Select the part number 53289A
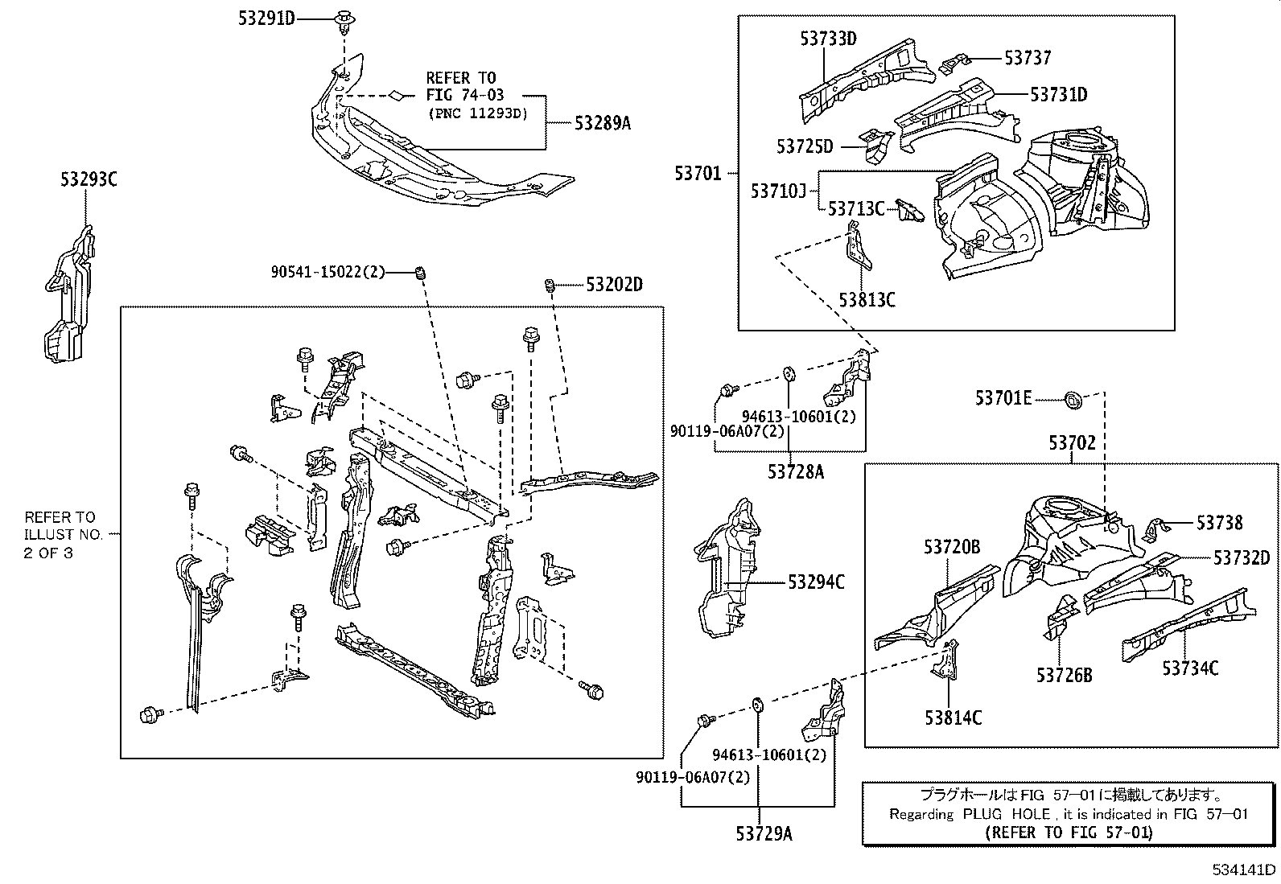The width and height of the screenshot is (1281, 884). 602,123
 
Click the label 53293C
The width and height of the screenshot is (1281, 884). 89,180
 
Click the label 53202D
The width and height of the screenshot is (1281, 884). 614,285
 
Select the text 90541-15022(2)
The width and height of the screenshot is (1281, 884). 327,273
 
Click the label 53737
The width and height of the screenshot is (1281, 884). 1028,58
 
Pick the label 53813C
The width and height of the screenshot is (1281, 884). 867,300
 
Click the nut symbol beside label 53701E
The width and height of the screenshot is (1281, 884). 1072,397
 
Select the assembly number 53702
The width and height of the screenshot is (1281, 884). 1072,443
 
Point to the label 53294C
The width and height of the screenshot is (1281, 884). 816,582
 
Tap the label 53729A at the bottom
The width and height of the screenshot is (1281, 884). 763,834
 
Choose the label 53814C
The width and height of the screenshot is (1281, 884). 953,718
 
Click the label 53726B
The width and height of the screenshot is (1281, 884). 1064,675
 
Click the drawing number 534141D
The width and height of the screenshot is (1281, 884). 1245,870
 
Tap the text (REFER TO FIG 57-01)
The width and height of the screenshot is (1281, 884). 1069,832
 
